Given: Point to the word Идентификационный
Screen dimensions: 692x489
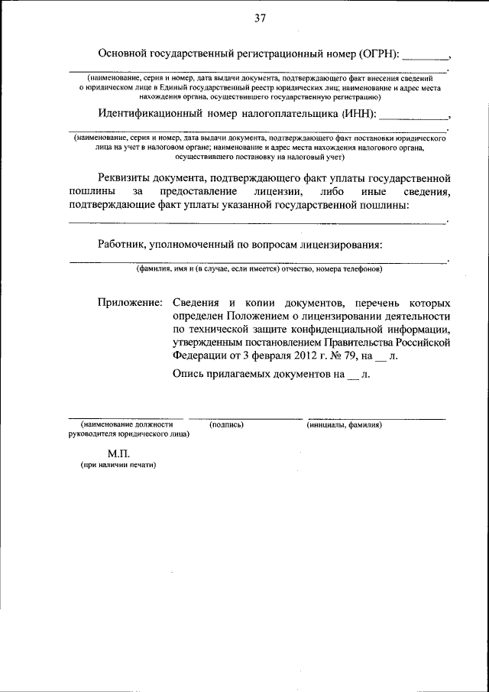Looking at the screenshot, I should [150, 115].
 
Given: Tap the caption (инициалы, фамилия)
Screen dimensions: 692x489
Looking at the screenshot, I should [345, 424].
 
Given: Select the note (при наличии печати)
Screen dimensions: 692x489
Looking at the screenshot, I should [118, 465].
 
